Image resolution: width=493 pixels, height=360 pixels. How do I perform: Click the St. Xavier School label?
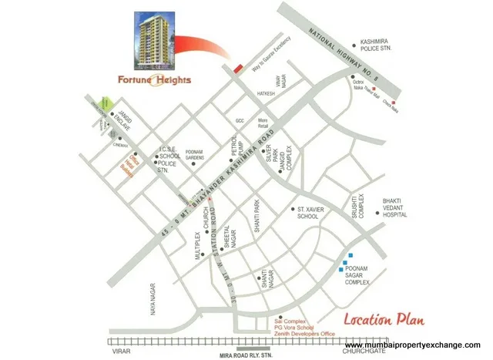(308, 213)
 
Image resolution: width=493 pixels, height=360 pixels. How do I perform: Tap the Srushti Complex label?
(356, 205)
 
